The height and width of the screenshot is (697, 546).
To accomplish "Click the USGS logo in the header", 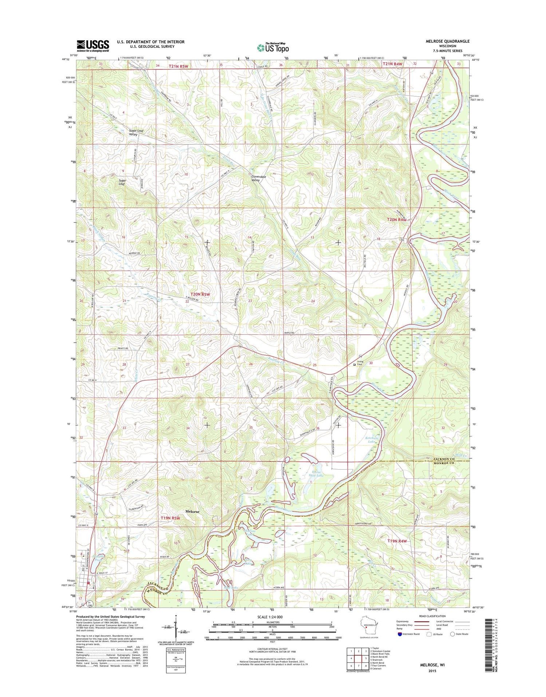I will click(92, 46).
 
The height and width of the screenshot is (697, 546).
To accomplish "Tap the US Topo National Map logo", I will click(273, 47).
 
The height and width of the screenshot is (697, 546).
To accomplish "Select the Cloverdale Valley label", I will click(258, 178).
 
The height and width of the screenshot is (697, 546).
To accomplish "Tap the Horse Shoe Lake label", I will click(315, 473).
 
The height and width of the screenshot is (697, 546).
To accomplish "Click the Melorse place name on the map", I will click(192, 511).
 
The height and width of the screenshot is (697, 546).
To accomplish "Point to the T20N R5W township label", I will click(200, 294).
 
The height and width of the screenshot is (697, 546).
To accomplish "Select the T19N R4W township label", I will click(397, 541).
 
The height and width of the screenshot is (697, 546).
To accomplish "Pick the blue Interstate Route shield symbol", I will click(400, 634).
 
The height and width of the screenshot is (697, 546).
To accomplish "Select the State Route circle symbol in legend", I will click(453, 634).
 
